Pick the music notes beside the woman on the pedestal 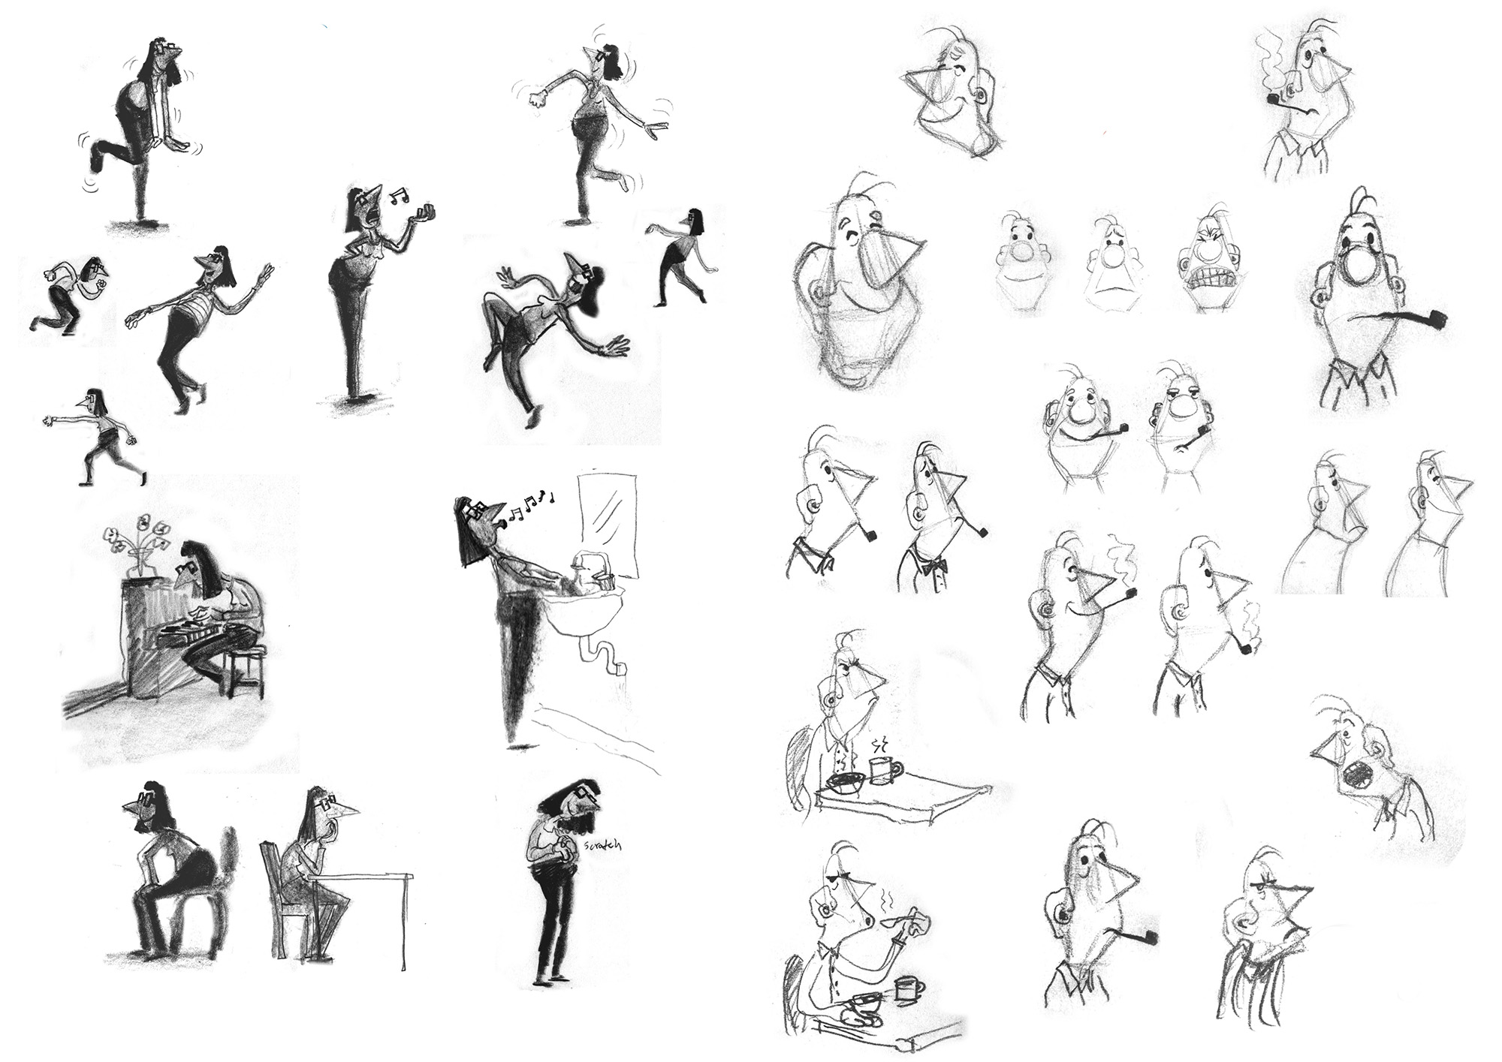tap(399, 196)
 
